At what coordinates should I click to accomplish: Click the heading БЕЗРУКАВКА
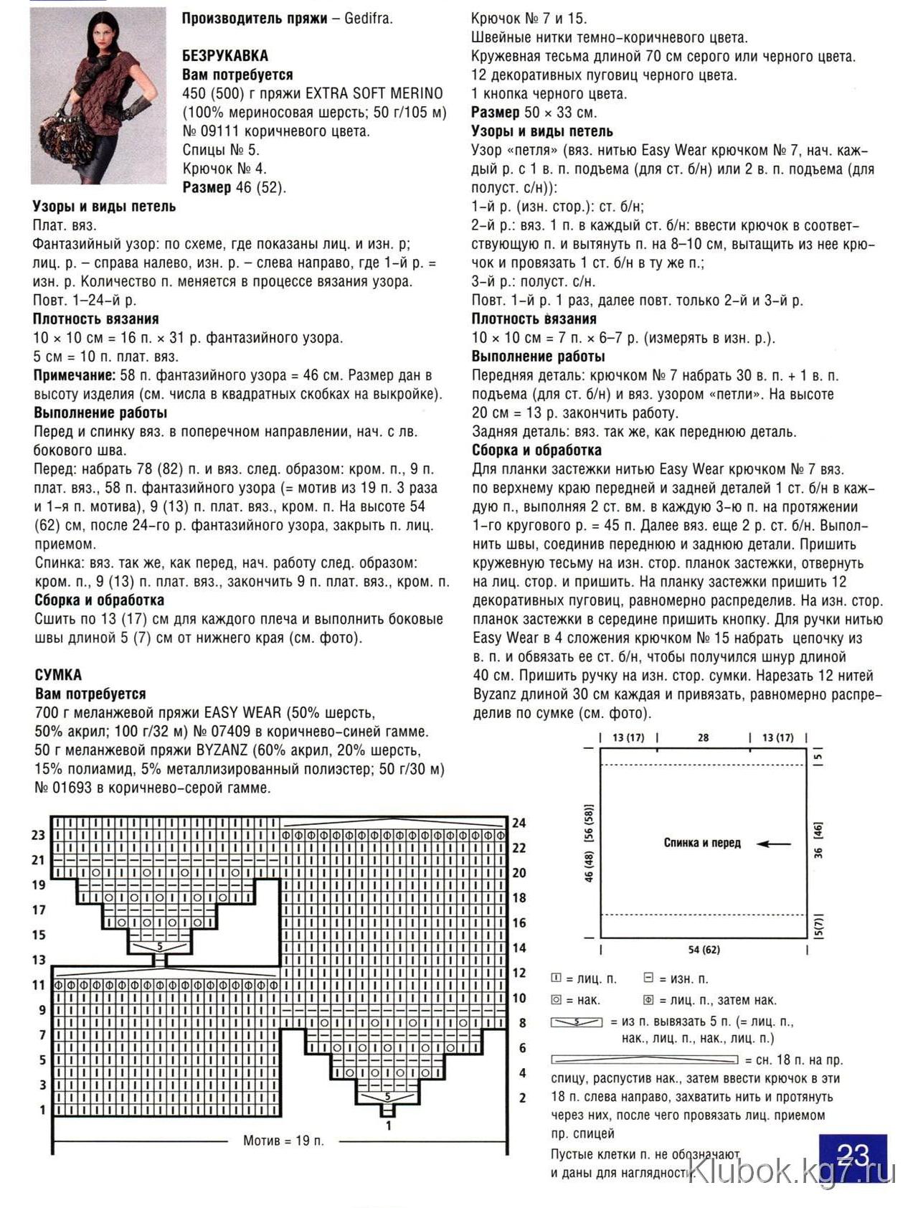point(225,56)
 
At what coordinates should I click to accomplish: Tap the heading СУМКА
point(58,675)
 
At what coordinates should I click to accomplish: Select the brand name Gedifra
point(368,19)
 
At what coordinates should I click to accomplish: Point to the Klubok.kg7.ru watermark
point(792,1172)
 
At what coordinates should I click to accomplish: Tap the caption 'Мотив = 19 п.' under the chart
point(283,1141)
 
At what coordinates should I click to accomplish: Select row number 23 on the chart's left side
point(39,835)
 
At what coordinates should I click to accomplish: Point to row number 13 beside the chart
point(39,960)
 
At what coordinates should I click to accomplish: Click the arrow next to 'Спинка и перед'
point(774,844)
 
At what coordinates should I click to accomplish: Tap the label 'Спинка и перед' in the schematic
point(701,843)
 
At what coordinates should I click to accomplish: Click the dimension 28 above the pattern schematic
point(703,737)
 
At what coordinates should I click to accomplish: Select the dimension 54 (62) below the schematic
point(704,950)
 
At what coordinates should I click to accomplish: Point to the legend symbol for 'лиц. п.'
point(556,978)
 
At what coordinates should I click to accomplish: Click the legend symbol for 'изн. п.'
point(648,978)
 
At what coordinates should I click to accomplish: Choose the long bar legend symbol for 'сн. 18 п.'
point(644,1060)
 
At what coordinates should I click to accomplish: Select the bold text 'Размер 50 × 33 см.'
point(534,113)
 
